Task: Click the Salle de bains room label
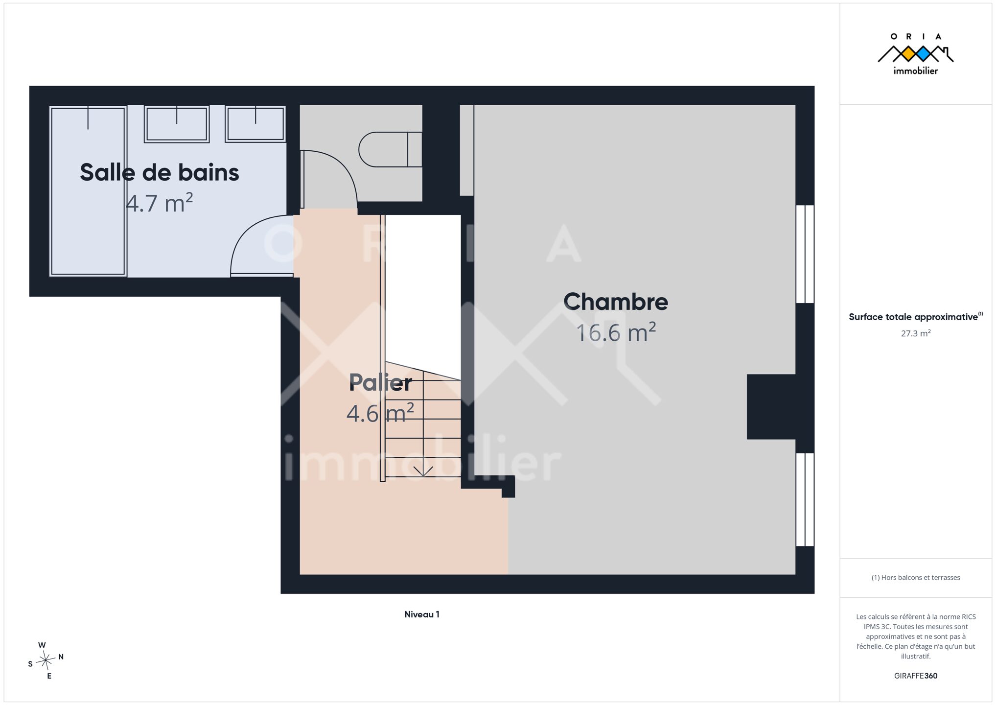[160, 173]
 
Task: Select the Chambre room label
[616, 302]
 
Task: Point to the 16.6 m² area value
[616, 332]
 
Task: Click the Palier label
[380, 382]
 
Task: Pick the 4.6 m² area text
[380, 413]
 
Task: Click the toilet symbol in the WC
[390, 149]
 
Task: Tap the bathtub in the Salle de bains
[88, 191]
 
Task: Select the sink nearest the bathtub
[177, 124]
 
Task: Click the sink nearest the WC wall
[255, 124]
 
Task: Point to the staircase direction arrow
[423, 471]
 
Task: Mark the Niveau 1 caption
[422, 614]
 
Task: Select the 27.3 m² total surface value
[916, 333]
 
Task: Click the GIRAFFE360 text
[916, 676]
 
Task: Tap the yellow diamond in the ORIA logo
[908, 54]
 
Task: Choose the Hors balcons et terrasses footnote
[916, 578]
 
